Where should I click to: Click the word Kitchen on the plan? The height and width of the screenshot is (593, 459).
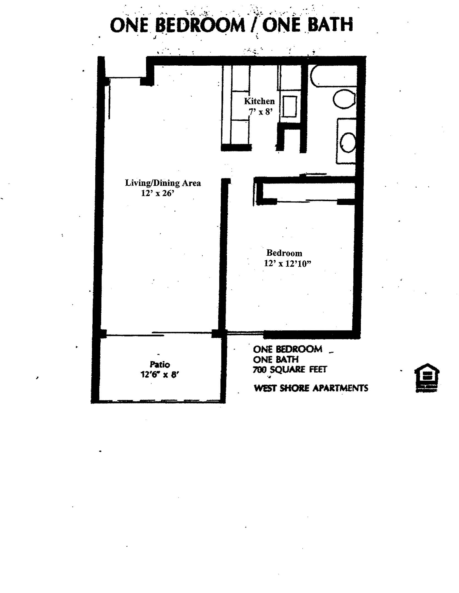(259, 101)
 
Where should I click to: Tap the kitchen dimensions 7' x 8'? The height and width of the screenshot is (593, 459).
(261, 112)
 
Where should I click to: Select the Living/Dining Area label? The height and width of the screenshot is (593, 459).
(163, 183)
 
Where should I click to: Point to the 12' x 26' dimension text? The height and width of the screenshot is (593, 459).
(158, 193)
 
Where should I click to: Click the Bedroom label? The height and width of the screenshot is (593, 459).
(284, 253)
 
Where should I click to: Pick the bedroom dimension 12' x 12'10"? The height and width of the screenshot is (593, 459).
(288, 264)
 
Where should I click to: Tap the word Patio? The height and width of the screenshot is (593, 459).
(160, 365)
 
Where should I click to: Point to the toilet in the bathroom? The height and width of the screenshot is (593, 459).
(344, 100)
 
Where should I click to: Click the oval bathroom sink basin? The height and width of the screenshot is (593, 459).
(348, 142)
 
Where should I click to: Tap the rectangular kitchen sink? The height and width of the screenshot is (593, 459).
(289, 106)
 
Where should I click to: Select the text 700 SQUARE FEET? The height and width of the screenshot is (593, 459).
(290, 369)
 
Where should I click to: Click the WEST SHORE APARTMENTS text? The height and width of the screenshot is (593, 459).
(311, 388)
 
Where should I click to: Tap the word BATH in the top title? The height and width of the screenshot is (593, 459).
(330, 25)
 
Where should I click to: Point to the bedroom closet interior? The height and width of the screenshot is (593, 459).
(308, 191)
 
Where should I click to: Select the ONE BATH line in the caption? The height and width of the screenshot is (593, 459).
(276, 359)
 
